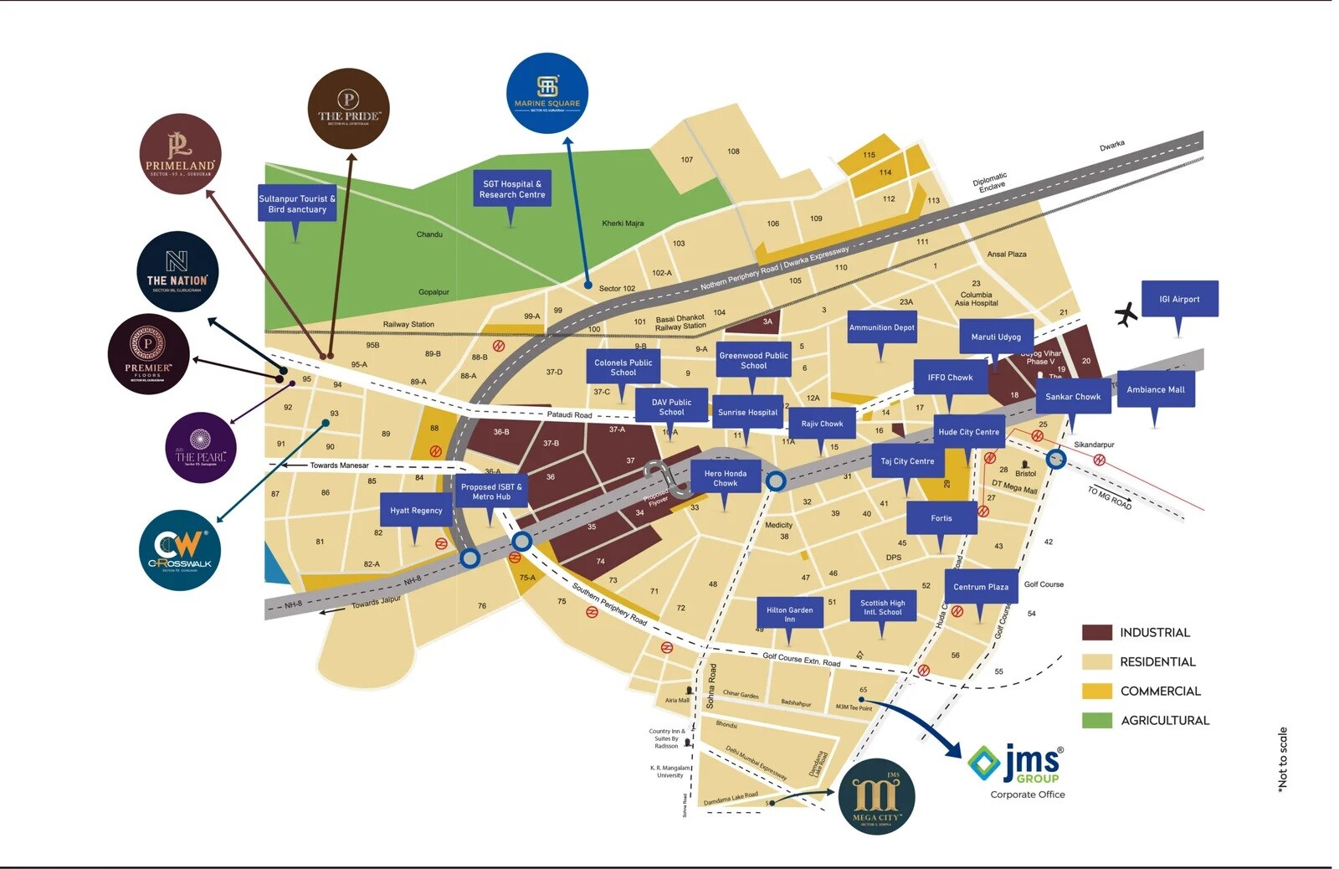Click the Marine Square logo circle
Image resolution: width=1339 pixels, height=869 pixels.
point(546,94)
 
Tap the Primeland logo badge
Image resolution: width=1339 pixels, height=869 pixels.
point(180,154)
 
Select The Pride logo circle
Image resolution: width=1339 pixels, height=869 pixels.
point(348,109)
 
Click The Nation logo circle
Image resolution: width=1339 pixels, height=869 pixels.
point(177,271)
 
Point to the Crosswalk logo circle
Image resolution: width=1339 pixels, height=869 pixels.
point(180,550)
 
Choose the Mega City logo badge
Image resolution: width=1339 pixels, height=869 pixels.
point(876,797)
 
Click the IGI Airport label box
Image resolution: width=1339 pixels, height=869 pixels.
point(1179,299)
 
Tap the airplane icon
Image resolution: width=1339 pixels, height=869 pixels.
point(1126,314)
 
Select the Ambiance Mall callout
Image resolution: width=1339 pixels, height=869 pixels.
point(1156,389)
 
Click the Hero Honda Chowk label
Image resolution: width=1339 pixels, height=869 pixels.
point(725,478)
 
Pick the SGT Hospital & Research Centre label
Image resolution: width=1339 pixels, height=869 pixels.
point(511,189)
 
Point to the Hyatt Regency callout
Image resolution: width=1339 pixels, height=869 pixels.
point(416,511)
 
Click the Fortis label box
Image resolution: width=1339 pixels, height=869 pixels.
point(941,518)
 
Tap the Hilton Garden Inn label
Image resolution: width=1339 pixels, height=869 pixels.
point(789,614)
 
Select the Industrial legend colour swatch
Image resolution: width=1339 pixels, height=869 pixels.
point(1096,632)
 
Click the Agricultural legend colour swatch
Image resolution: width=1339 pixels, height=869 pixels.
point(1096,720)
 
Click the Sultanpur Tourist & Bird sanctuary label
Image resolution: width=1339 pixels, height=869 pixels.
point(297,203)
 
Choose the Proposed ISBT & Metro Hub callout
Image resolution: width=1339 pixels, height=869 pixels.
point(491,491)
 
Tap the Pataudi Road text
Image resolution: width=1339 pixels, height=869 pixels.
point(569,414)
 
